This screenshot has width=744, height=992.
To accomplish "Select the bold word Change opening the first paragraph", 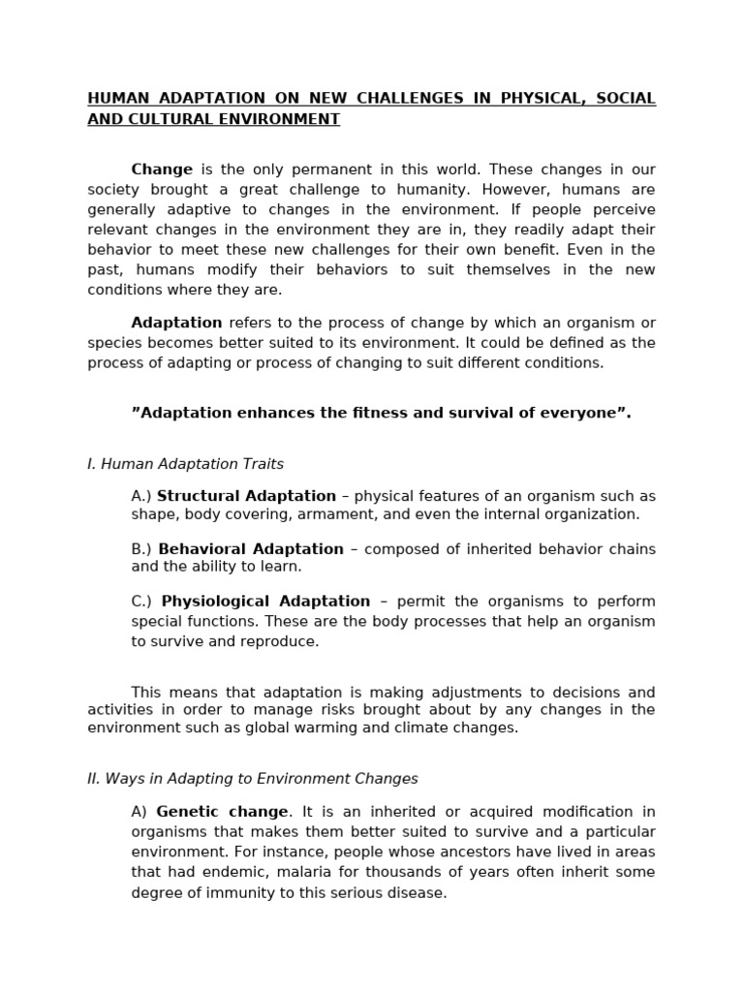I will point(162,170).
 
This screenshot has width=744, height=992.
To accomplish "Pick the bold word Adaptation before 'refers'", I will point(176,323).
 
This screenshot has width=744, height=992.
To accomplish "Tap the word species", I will point(113,343).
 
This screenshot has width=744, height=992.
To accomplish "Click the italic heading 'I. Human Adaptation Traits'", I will point(185,464).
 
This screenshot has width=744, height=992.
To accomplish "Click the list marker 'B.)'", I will point(142,549).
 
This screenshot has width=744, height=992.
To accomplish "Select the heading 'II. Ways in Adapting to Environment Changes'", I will point(253,779).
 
